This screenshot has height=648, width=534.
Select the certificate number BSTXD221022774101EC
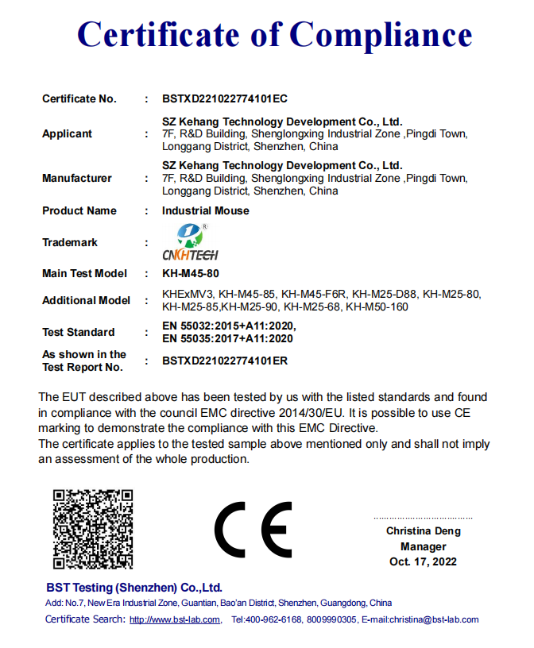tap(224, 99)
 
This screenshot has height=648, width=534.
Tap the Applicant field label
tap(67, 134)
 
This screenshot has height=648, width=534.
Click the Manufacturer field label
tap(76, 179)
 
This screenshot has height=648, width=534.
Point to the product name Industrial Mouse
tap(205, 211)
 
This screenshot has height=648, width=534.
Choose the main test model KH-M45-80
tap(190, 274)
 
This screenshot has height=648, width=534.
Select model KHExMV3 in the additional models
tap(188, 295)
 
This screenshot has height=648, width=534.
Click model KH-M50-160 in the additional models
tap(377, 307)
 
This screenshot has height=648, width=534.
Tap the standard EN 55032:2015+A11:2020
tap(229, 326)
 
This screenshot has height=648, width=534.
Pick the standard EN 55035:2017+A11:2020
tap(227, 338)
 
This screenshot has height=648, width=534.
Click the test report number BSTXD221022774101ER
tap(224, 361)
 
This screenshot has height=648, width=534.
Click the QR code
tap(93, 529)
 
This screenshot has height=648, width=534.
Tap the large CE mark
tap(253, 530)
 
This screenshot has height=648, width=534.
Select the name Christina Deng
tap(423, 531)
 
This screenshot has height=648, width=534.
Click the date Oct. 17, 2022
tap(423, 562)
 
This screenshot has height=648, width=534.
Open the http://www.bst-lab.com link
tap(174, 620)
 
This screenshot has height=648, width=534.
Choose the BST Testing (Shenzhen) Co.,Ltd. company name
tap(134, 588)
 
